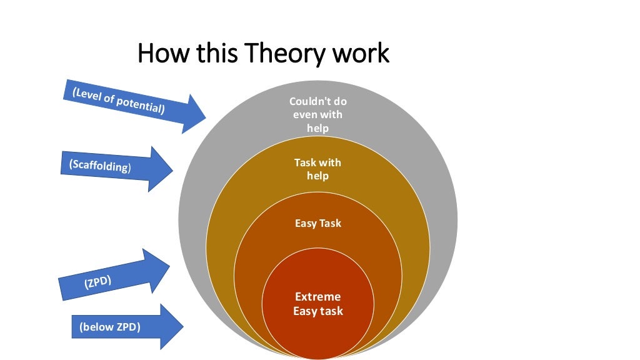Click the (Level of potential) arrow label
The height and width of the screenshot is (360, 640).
[x=119, y=101]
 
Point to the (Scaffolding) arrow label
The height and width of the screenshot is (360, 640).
[x=101, y=166]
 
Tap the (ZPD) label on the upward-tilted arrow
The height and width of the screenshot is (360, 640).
[x=97, y=282]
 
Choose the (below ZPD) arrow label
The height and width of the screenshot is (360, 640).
[x=109, y=326]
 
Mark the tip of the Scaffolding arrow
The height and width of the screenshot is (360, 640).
[x=172, y=169]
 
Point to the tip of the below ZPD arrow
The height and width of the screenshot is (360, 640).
[x=182, y=326]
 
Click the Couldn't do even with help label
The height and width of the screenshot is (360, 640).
[x=317, y=114]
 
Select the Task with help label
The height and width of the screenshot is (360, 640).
[x=317, y=169]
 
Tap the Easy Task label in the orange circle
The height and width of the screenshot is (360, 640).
[x=318, y=222]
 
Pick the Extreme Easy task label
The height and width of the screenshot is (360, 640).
[x=318, y=303]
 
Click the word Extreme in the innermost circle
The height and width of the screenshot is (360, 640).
[x=318, y=296]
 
